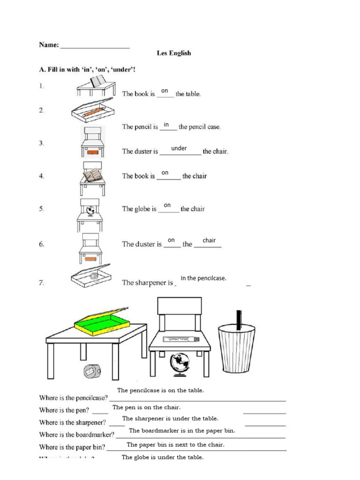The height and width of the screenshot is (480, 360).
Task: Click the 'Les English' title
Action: point(173,53)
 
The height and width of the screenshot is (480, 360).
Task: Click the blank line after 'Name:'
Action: point(95,47)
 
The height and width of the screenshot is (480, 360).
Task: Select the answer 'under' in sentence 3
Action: point(179,148)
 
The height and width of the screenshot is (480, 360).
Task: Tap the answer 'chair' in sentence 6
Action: point(209,240)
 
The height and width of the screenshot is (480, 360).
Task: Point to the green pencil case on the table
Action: point(102,322)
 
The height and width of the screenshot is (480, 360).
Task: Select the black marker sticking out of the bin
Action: point(239,320)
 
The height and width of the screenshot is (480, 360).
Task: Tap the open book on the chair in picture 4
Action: point(92,175)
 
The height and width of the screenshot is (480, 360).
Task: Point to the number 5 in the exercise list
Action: point(42,209)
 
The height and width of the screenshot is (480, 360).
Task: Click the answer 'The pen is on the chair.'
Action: point(146,407)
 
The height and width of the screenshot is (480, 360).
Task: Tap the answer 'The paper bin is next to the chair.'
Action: point(175,444)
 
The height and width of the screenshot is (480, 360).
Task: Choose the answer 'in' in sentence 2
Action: point(166,124)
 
